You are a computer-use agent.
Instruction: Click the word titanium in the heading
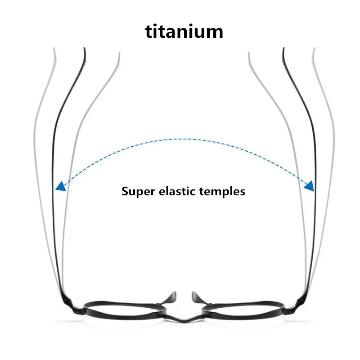(x=184, y=31)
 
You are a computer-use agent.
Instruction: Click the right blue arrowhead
(x=310, y=186)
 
